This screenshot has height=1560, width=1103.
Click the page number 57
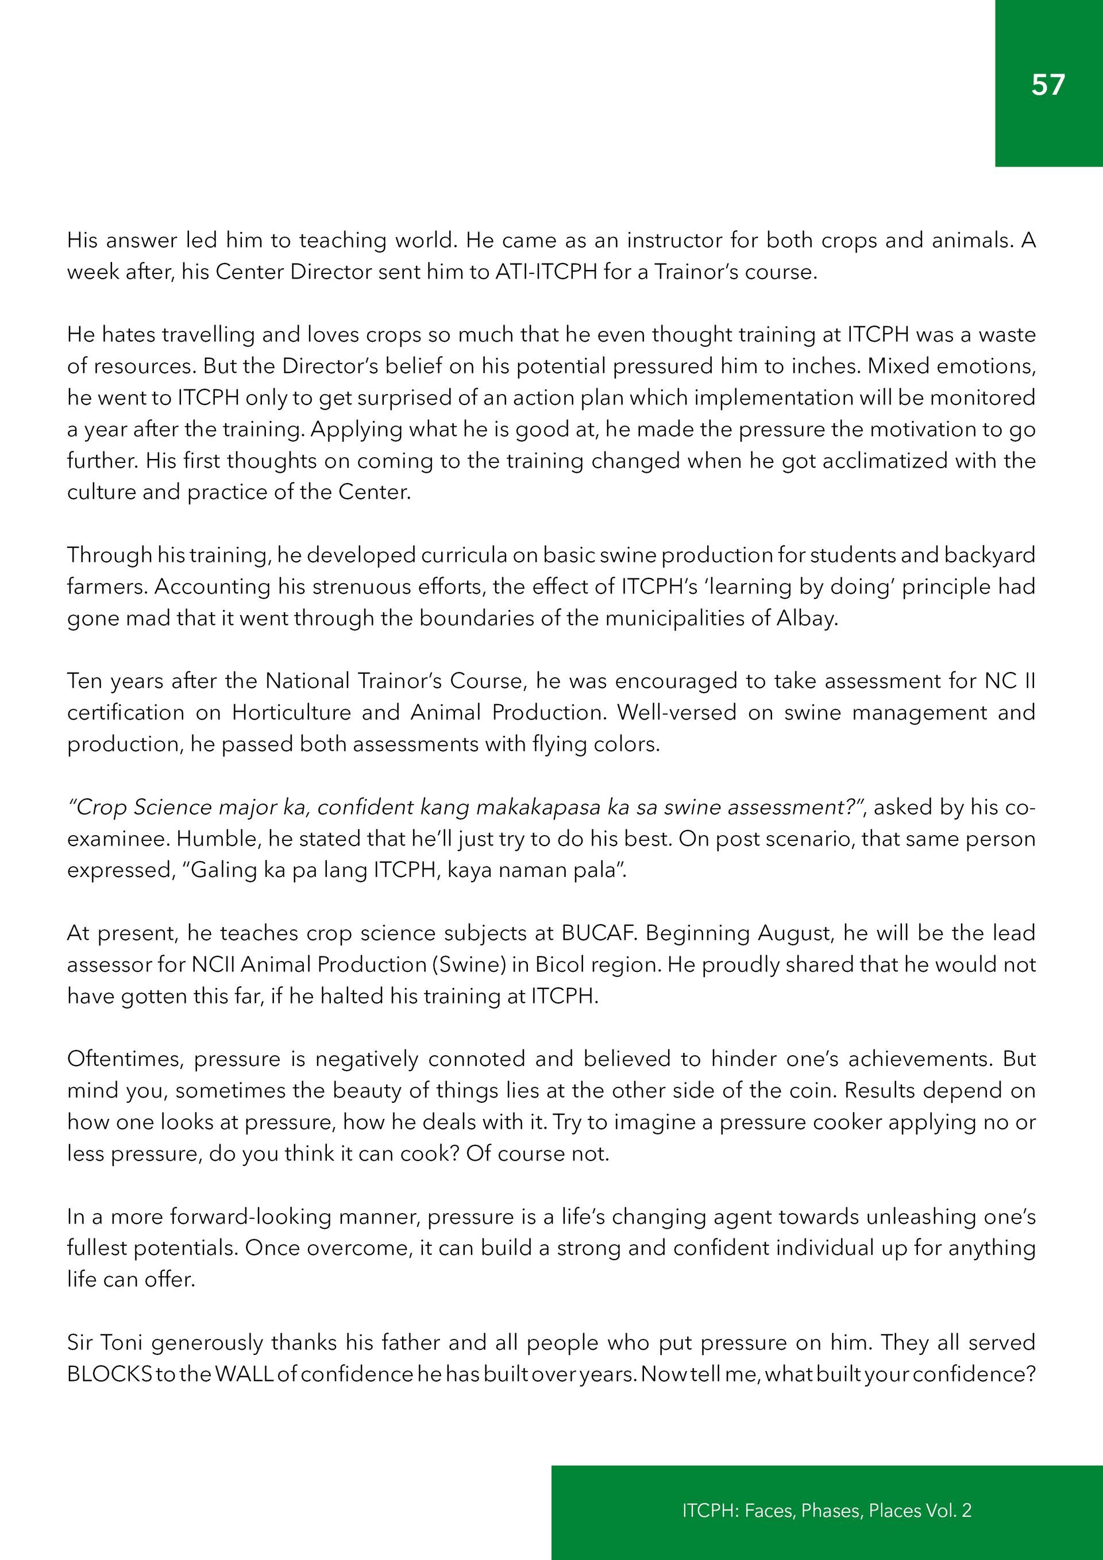[1048, 84]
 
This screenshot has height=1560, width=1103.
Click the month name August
[795, 933]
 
